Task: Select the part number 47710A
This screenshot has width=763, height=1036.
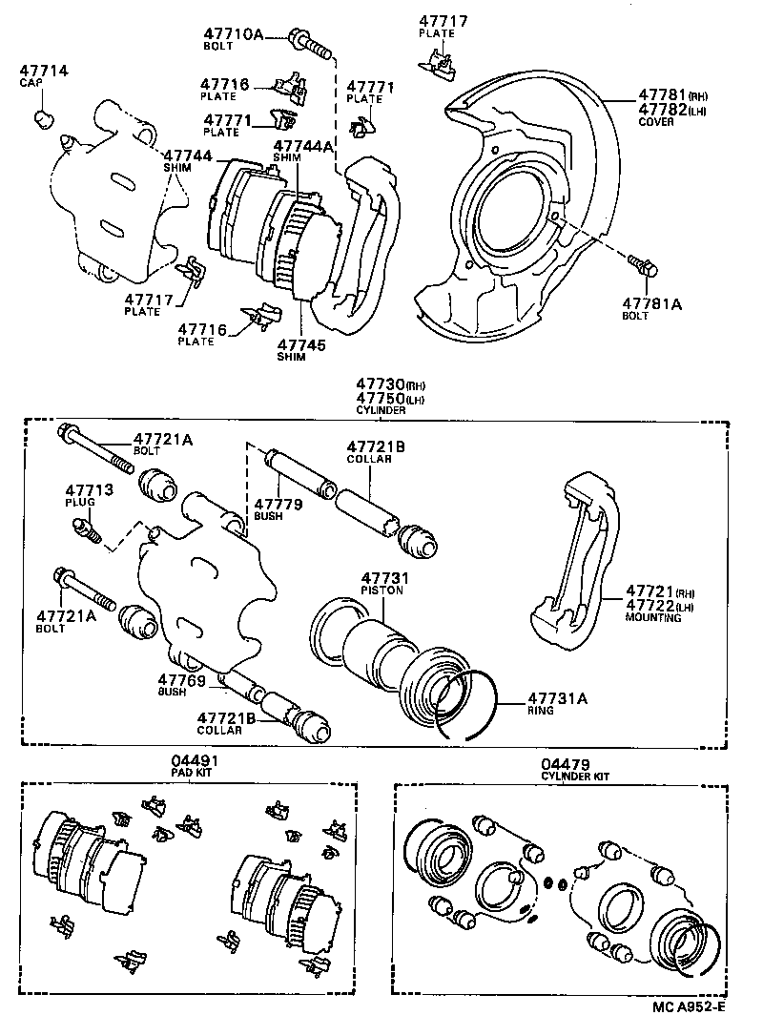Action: click(233, 34)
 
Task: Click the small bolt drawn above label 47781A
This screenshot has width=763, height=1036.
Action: click(642, 266)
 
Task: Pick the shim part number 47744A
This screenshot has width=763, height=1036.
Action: click(303, 146)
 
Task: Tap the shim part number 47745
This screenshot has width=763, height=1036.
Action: click(300, 344)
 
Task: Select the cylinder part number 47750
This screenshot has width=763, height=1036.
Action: click(379, 398)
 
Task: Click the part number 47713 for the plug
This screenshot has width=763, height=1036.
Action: click(89, 489)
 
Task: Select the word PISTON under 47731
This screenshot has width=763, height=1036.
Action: click(381, 591)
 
